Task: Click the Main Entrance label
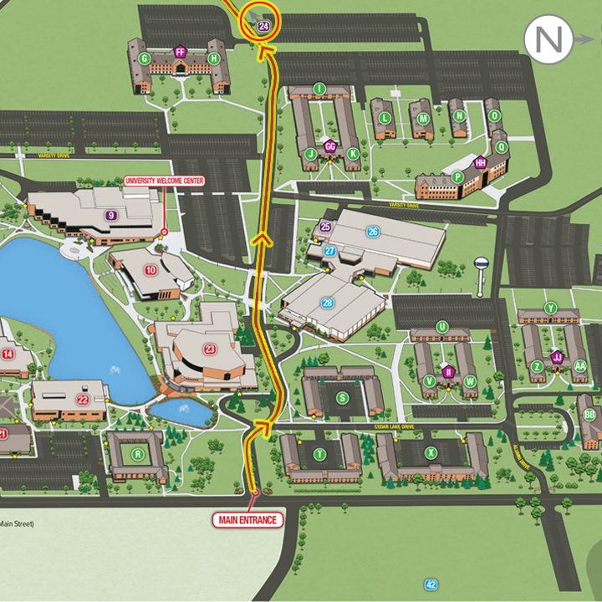pyautogui.click(x=247, y=520)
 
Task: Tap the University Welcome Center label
pyautogui.click(x=164, y=181)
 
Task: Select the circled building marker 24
pyautogui.click(x=263, y=27)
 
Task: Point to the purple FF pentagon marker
pyautogui.click(x=180, y=52)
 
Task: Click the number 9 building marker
pyautogui.click(x=110, y=215)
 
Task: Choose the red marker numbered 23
pyautogui.click(x=210, y=349)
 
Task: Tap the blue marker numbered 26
pyautogui.click(x=373, y=232)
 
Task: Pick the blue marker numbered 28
pyautogui.click(x=327, y=303)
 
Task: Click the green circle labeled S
pyautogui.click(x=342, y=398)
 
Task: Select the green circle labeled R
pyautogui.click(x=138, y=455)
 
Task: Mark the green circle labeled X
pyautogui.click(x=431, y=453)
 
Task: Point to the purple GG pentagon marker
pyautogui.click(x=330, y=146)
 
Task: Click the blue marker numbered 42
pyautogui.click(x=431, y=584)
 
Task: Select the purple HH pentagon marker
pyautogui.click(x=480, y=163)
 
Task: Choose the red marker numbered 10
pyautogui.click(x=150, y=269)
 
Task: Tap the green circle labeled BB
pyautogui.click(x=589, y=415)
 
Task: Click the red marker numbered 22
pyautogui.click(x=83, y=400)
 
